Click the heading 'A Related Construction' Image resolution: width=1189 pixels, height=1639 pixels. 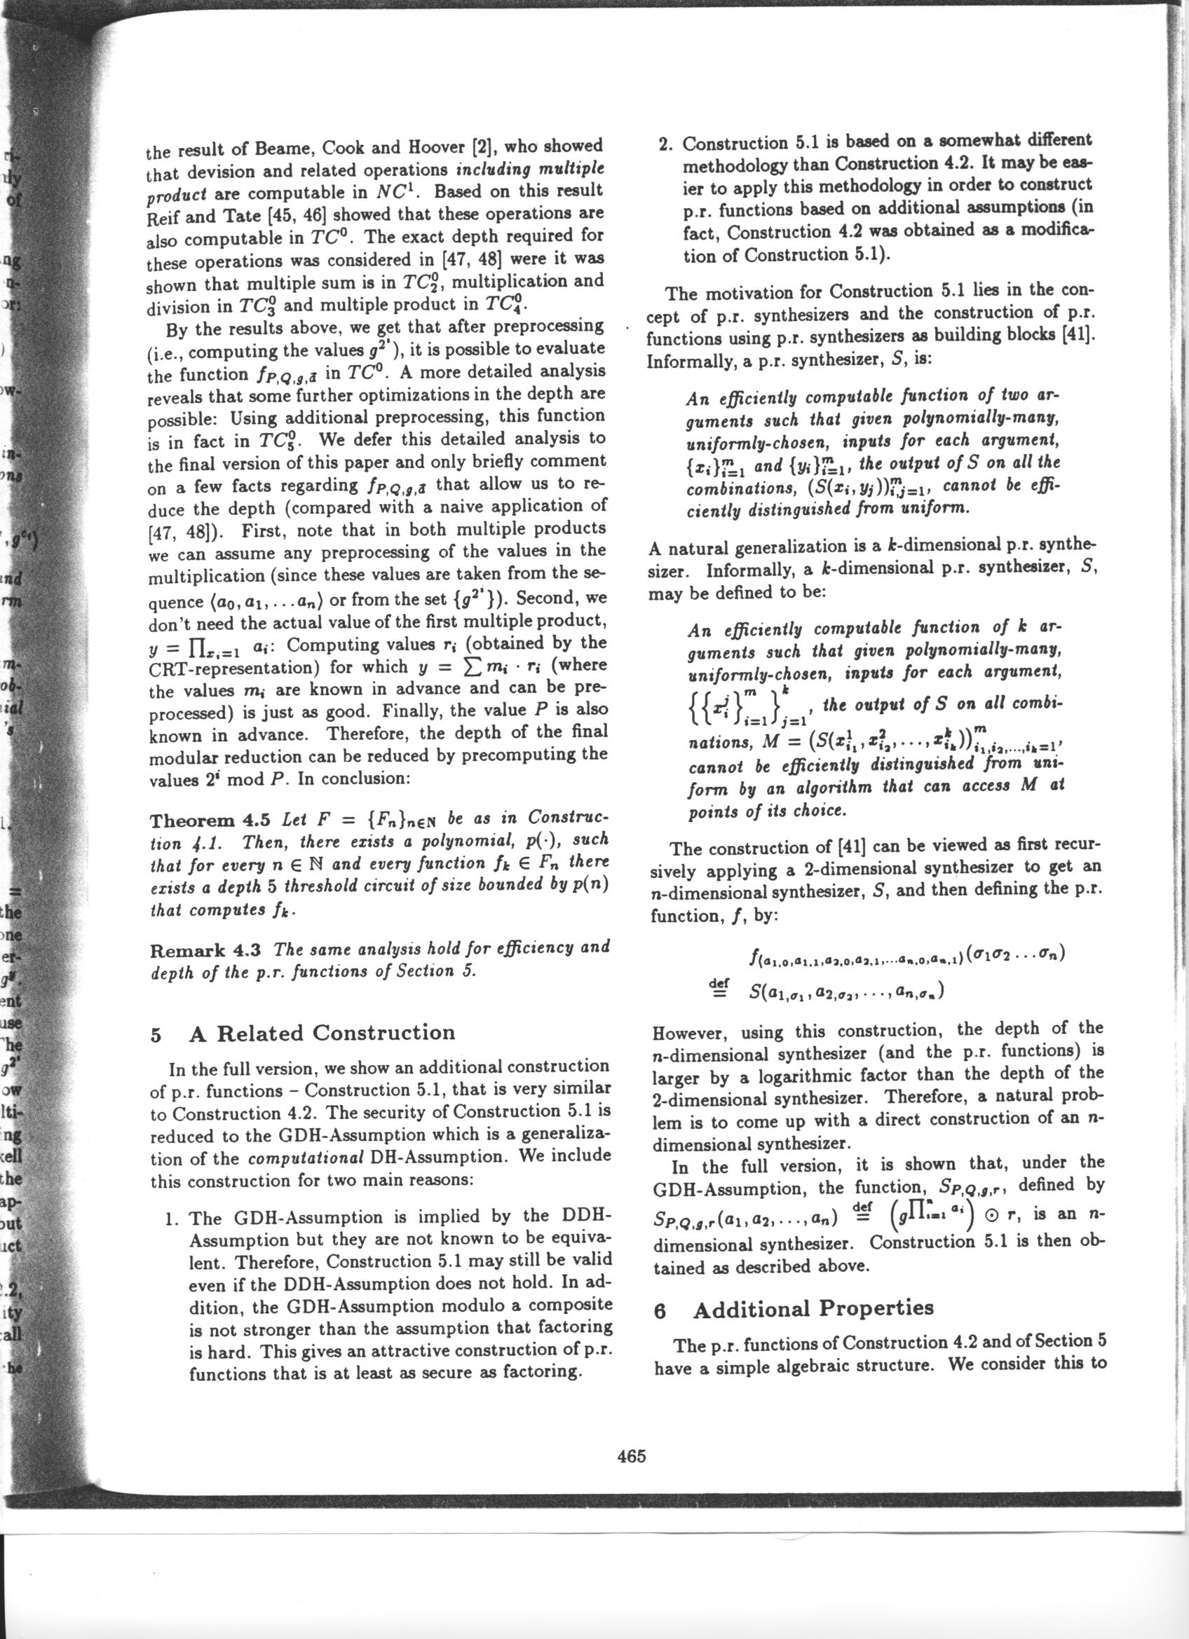pos(322,1033)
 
